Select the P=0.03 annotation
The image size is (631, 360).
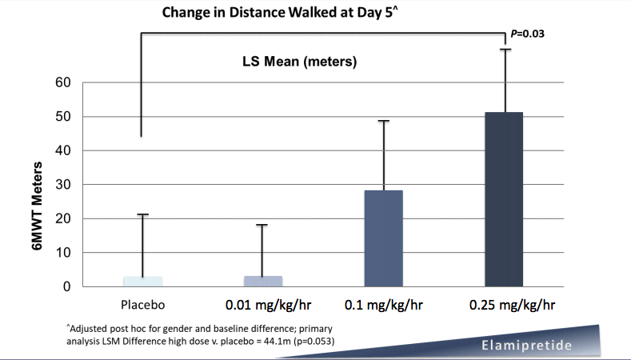coord(528,34)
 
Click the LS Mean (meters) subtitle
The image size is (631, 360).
coord(300,61)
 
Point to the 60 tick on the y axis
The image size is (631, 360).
coord(63,82)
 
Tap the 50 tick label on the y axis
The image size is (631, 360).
coord(63,117)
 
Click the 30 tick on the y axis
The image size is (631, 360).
coord(63,185)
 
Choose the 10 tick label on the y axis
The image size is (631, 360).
coord(63,253)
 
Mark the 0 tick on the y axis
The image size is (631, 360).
coord(67,286)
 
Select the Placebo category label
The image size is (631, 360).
coord(144,305)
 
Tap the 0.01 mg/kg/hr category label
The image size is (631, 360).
coord(262,306)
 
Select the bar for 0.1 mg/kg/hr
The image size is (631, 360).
coord(383,238)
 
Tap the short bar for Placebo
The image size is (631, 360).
coord(144,282)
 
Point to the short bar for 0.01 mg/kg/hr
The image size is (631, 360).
coord(262,282)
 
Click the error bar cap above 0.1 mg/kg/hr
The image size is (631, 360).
coord(383,121)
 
